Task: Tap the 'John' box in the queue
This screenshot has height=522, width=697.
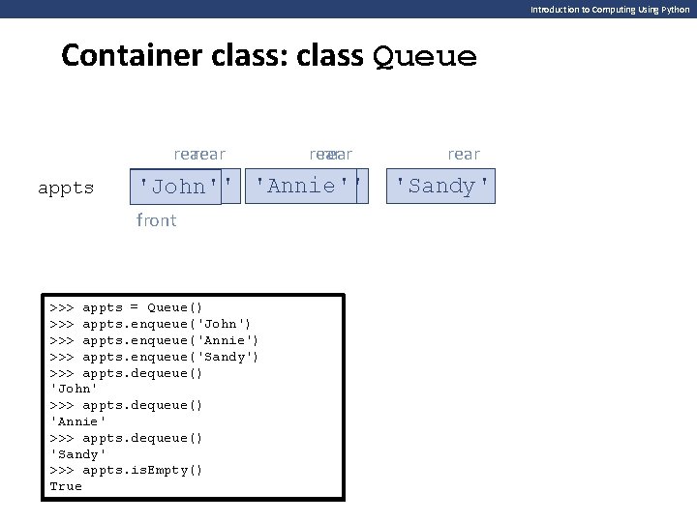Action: pyautogui.click(x=175, y=186)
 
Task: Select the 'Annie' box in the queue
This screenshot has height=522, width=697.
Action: pyautogui.click(x=302, y=186)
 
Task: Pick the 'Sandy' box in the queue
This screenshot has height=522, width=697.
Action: pyautogui.click(x=441, y=186)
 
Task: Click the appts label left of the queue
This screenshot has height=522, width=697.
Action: pyautogui.click(x=66, y=188)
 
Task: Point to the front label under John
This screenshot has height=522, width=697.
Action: pyautogui.click(x=157, y=220)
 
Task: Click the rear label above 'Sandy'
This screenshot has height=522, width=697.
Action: pyautogui.click(x=463, y=154)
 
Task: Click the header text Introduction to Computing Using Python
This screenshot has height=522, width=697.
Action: pyautogui.click(x=610, y=9)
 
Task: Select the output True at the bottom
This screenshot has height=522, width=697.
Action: pyautogui.click(x=66, y=486)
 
